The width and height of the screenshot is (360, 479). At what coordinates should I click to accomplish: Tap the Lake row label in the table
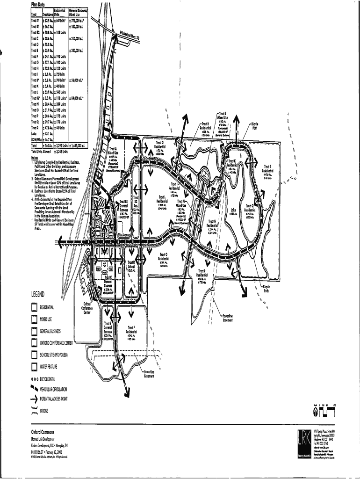34,134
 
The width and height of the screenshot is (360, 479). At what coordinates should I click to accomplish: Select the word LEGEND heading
37,294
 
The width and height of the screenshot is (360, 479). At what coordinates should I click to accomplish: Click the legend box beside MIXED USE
34,319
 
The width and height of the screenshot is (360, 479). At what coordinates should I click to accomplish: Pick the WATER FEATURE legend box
34,367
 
